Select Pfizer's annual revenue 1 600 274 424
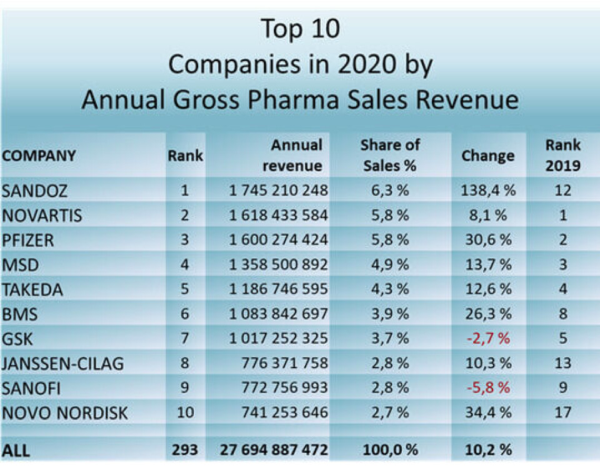(x=278, y=240)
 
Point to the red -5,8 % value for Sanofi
(x=487, y=388)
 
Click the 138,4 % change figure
(x=487, y=190)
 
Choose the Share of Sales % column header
(x=390, y=155)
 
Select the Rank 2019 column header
(x=562, y=155)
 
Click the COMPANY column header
(x=39, y=156)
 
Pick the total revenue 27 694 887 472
(x=274, y=450)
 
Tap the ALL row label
(x=16, y=450)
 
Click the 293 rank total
(x=184, y=450)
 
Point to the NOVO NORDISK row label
(x=65, y=413)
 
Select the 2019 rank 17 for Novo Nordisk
(x=562, y=413)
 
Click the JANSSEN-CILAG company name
(x=63, y=363)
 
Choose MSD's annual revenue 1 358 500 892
(x=278, y=265)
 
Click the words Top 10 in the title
(x=300, y=29)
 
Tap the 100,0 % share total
(x=390, y=450)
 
